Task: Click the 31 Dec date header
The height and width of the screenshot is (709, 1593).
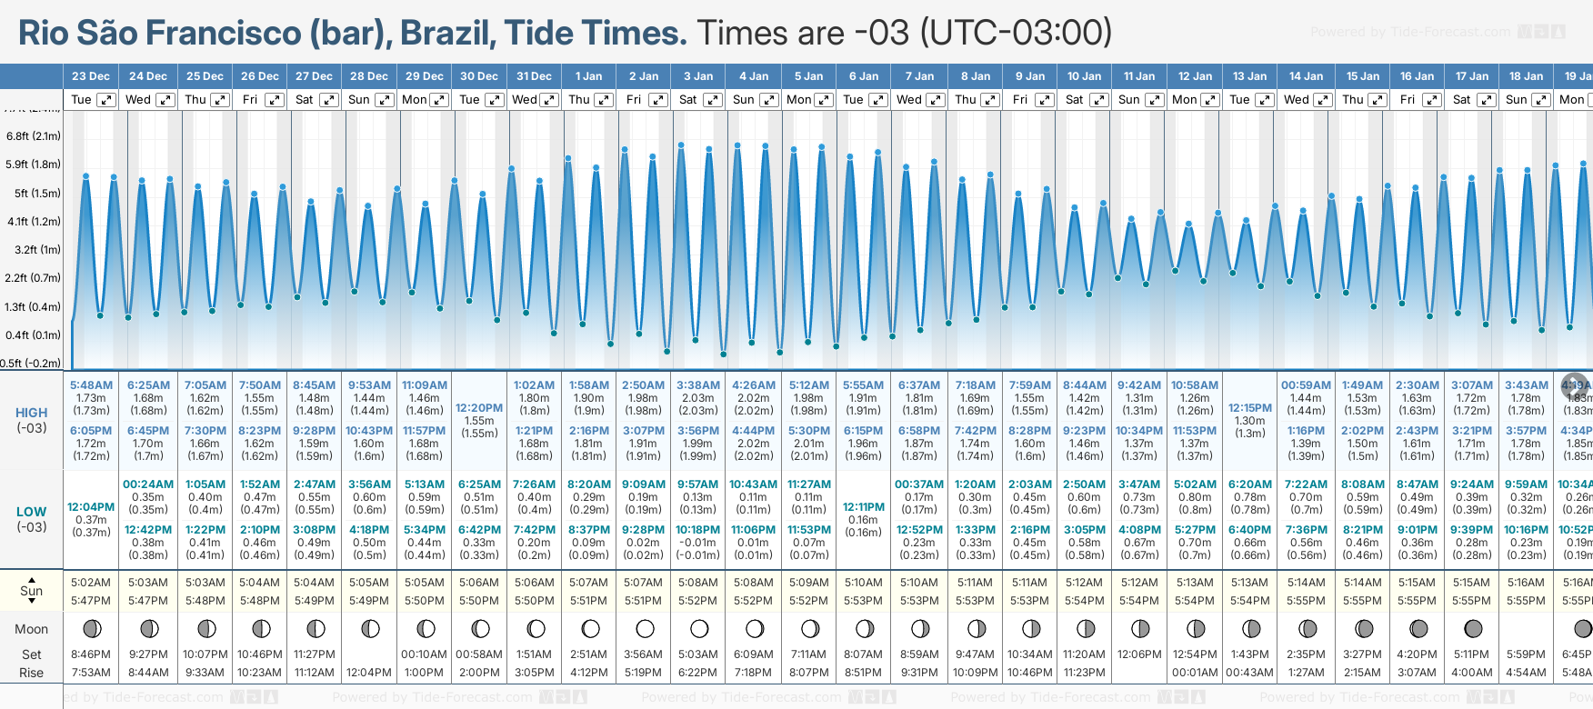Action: click(x=534, y=76)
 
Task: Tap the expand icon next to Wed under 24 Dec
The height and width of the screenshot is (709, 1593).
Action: click(x=165, y=100)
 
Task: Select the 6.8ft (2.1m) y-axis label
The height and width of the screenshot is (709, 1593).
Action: click(x=34, y=136)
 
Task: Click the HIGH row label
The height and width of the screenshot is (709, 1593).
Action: click(x=32, y=413)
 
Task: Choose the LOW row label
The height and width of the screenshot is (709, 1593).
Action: click(x=32, y=512)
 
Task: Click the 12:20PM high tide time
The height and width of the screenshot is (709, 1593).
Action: click(x=479, y=408)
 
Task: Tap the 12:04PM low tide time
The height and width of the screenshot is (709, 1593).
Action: click(x=91, y=506)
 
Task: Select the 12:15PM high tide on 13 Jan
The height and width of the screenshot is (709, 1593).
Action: click(x=1250, y=408)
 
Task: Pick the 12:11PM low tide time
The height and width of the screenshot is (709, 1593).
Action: click(x=863, y=506)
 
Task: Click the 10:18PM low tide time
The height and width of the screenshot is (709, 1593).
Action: click(x=697, y=529)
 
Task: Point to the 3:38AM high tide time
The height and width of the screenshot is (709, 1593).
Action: click(x=697, y=385)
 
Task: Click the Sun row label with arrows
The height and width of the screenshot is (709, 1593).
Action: click(x=32, y=591)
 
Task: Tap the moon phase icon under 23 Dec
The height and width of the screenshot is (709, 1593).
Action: click(x=91, y=628)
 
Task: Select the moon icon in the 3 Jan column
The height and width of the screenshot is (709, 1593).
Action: click(x=699, y=628)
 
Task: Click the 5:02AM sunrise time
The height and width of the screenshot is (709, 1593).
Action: click(x=91, y=583)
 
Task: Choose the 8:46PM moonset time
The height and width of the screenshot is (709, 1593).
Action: click(x=91, y=654)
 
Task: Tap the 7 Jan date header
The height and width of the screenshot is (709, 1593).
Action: click(x=919, y=76)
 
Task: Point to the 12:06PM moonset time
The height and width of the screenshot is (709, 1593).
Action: click(x=1139, y=654)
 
